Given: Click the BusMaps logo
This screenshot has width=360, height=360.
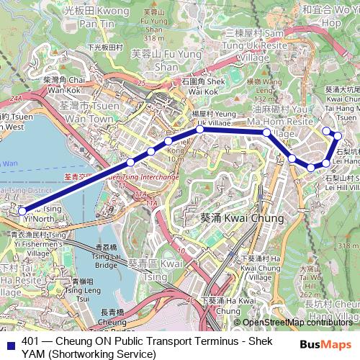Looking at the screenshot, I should coord(325,343).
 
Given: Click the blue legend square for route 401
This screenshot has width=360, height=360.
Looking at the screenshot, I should coord(9,343).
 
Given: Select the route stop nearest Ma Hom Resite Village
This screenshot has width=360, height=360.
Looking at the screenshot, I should coord(266,132).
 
